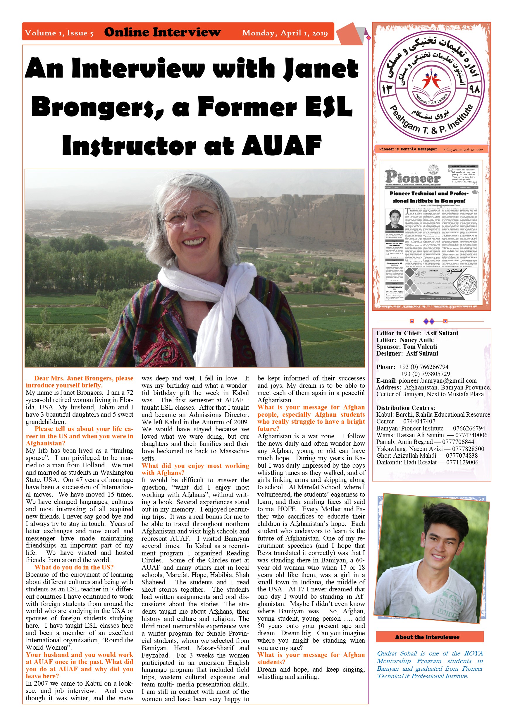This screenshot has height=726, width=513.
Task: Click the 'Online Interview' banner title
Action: tap(162, 32)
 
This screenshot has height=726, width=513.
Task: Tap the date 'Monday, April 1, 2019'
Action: tap(285, 33)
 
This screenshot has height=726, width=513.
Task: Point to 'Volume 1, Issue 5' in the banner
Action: tap(59, 33)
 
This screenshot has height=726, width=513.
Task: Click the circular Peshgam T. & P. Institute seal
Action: tap(431, 86)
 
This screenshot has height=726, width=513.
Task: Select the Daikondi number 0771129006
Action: tap(462, 462)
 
